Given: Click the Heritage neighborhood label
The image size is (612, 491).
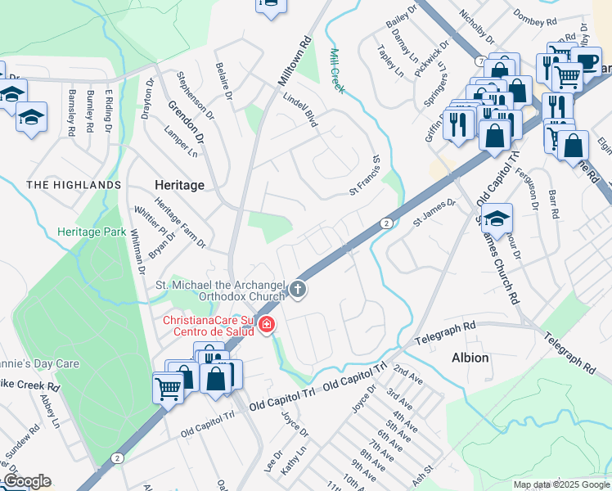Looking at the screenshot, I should tap(179, 185).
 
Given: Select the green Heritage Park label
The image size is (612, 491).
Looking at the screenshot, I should tap(92, 232).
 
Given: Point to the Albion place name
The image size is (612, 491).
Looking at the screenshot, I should tap(470, 358).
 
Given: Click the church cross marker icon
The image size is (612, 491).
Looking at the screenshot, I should tap(299, 288).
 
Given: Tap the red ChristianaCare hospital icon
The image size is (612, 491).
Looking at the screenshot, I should tap(266, 326).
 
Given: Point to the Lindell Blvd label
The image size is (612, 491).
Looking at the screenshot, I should tap(299, 113).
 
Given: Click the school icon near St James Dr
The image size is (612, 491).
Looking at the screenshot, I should tap(496, 218).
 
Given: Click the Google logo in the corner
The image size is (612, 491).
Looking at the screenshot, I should tap(26, 481).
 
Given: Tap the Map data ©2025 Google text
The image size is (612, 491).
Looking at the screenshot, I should tap(561, 484).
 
